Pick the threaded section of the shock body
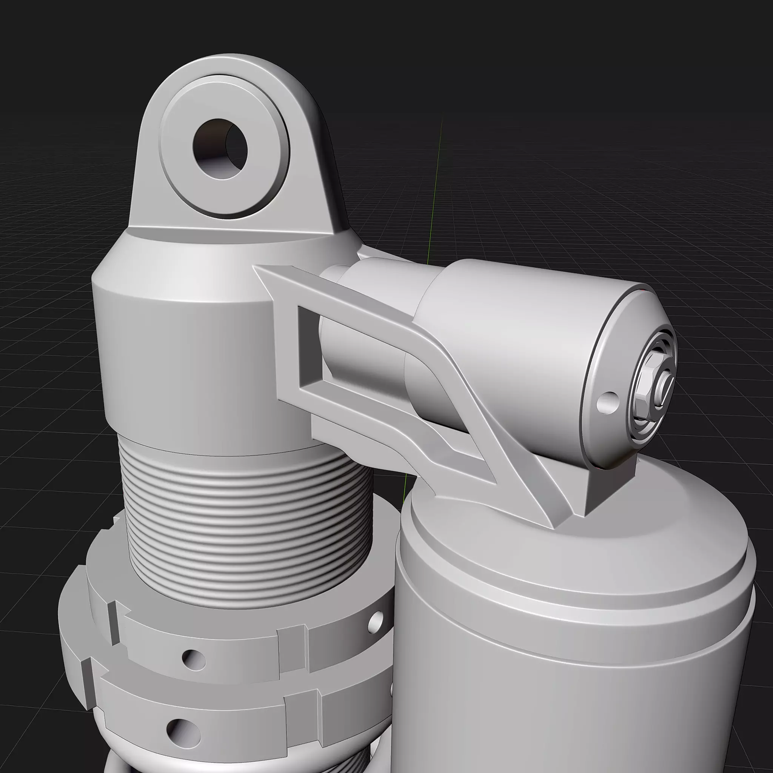point(248,520)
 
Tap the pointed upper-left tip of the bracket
point(260,271)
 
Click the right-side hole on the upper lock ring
point(375,619)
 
